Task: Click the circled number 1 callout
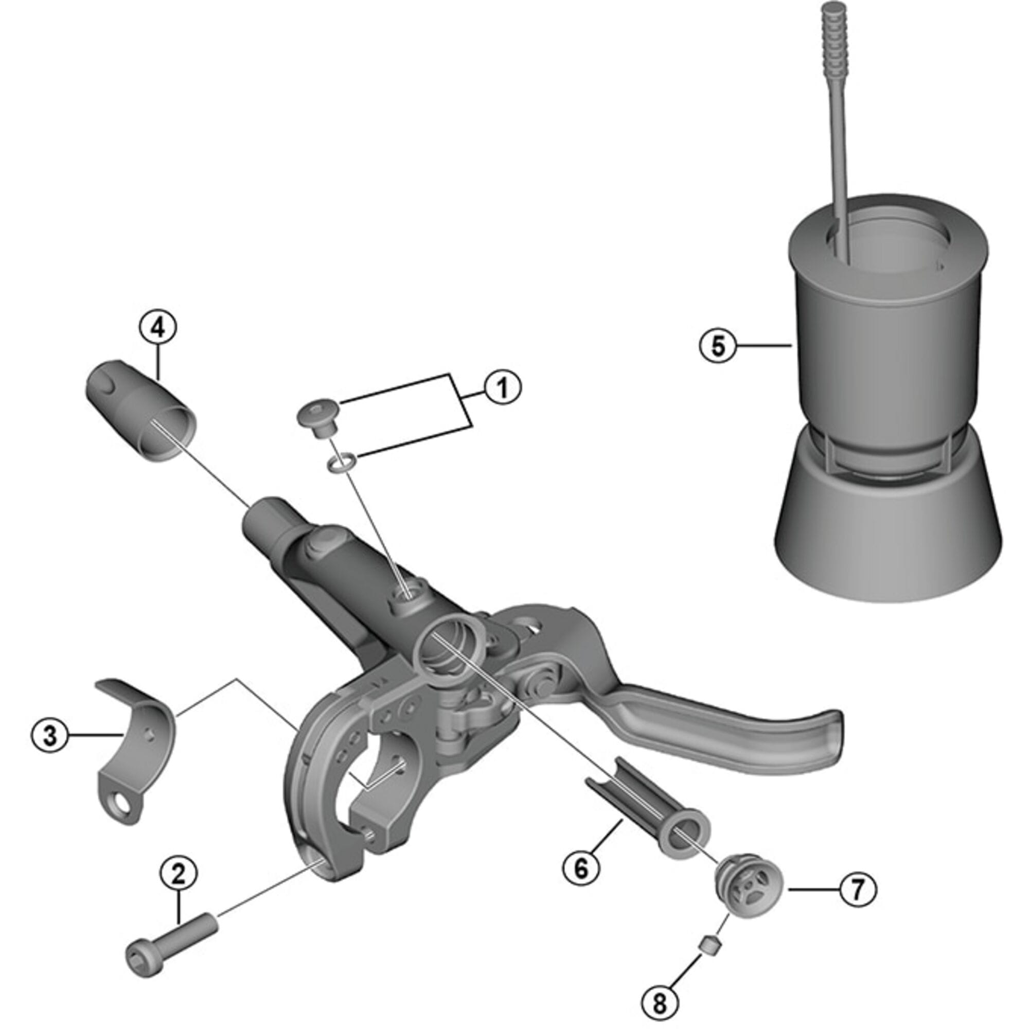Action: coord(502,388)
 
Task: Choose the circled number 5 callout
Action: coord(718,346)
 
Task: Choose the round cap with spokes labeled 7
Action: coord(747,884)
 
